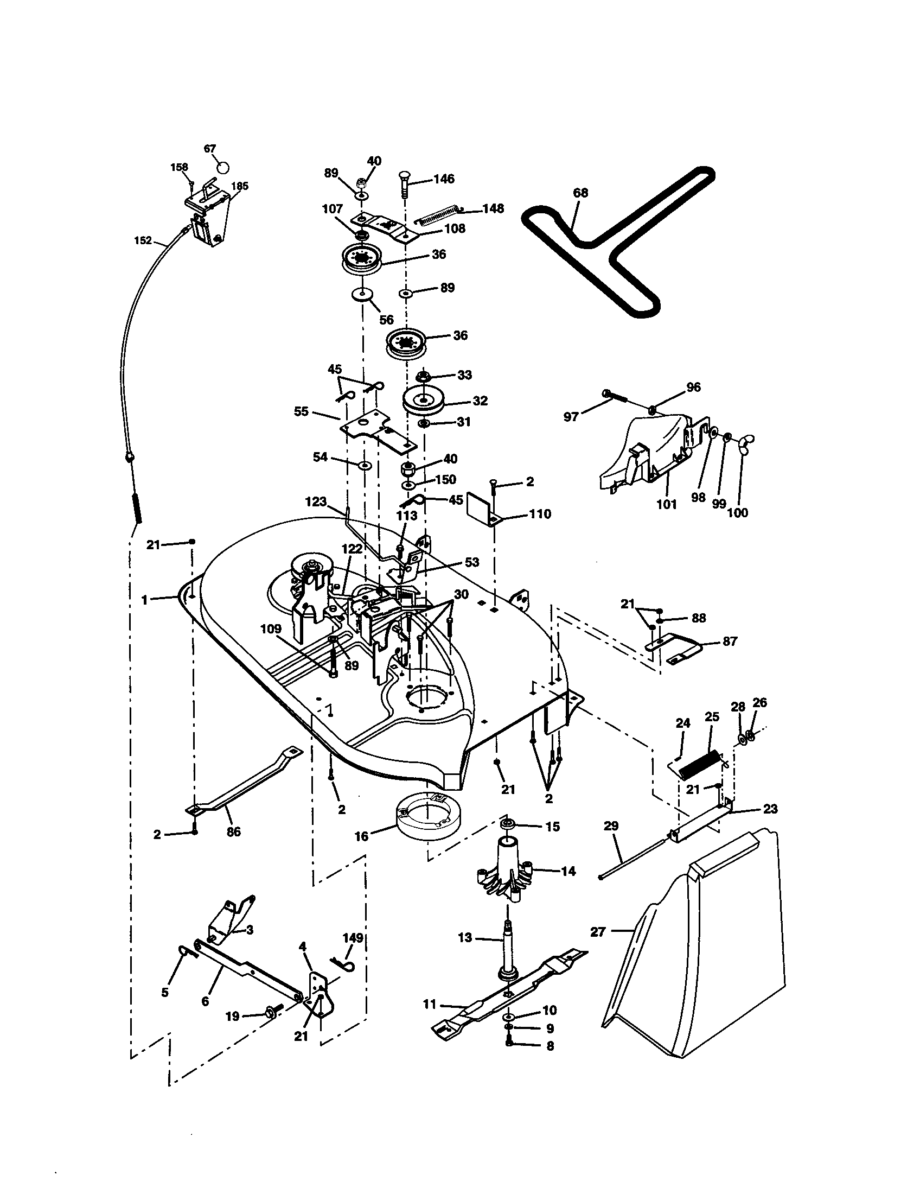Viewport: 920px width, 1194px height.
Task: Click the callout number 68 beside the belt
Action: [581, 193]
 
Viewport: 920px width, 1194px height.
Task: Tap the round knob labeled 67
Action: [223, 167]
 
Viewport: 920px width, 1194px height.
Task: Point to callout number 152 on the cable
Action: [143, 240]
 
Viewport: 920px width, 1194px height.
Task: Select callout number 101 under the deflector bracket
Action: [667, 505]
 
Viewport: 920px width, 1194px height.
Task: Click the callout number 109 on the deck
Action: [271, 629]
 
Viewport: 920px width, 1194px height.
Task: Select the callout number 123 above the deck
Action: [316, 501]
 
